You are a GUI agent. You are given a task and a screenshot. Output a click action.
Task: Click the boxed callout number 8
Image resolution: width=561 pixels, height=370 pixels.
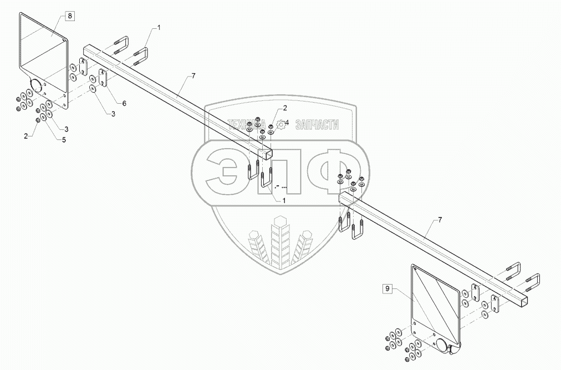(x=69, y=16)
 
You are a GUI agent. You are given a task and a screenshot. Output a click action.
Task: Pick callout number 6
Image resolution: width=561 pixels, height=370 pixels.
(x=124, y=104)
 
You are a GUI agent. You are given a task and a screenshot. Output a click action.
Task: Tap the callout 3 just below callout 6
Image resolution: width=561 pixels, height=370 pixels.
(x=113, y=113)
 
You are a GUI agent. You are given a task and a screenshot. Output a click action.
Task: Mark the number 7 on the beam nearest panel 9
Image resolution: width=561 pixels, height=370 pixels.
(x=440, y=221)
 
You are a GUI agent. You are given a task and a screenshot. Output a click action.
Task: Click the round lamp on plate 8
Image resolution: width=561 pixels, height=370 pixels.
(x=36, y=86)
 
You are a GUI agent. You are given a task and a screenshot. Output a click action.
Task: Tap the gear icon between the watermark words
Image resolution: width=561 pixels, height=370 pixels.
(x=282, y=125)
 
